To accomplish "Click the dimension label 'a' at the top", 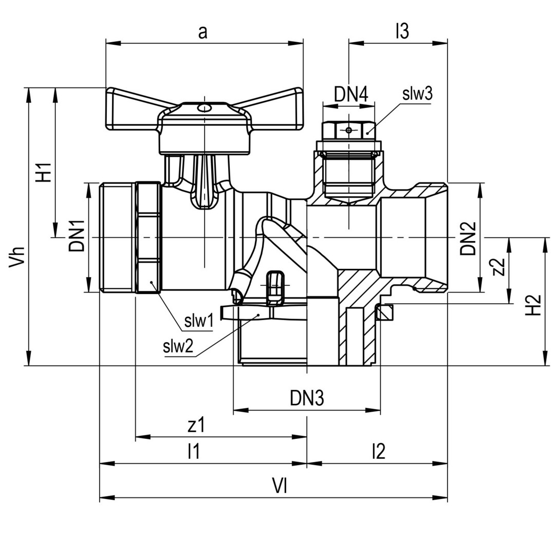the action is (202, 32).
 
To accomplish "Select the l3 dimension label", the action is (402, 31).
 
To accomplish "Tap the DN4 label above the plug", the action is (351, 95).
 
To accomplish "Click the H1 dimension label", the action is (45, 172).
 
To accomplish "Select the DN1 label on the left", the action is (77, 235).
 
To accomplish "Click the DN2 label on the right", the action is (468, 238).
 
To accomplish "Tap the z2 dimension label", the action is (498, 267).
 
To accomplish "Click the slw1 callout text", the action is (199, 321).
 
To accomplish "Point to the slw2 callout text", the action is (178, 347).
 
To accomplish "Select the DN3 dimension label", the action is (306, 398).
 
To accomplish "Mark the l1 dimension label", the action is (194, 451).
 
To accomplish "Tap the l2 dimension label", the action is (378, 451).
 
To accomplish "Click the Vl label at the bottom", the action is (280, 486).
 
